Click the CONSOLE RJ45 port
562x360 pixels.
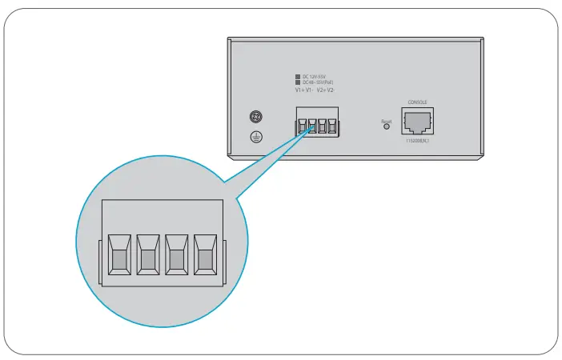[x=417, y=122]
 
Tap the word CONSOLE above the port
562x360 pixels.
[x=417, y=102]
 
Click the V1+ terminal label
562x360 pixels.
[x=300, y=90]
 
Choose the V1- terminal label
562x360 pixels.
[x=311, y=90]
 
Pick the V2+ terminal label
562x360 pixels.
[x=321, y=90]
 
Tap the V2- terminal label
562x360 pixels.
[x=331, y=90]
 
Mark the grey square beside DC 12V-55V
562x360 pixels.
[x=298, y=76]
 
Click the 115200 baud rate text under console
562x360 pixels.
[x=417, y=141]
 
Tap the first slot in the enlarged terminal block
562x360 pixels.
[x=118, y=255]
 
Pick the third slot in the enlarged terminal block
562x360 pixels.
[x=176, y=255]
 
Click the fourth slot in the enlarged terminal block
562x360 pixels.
[x=205, y=255]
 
